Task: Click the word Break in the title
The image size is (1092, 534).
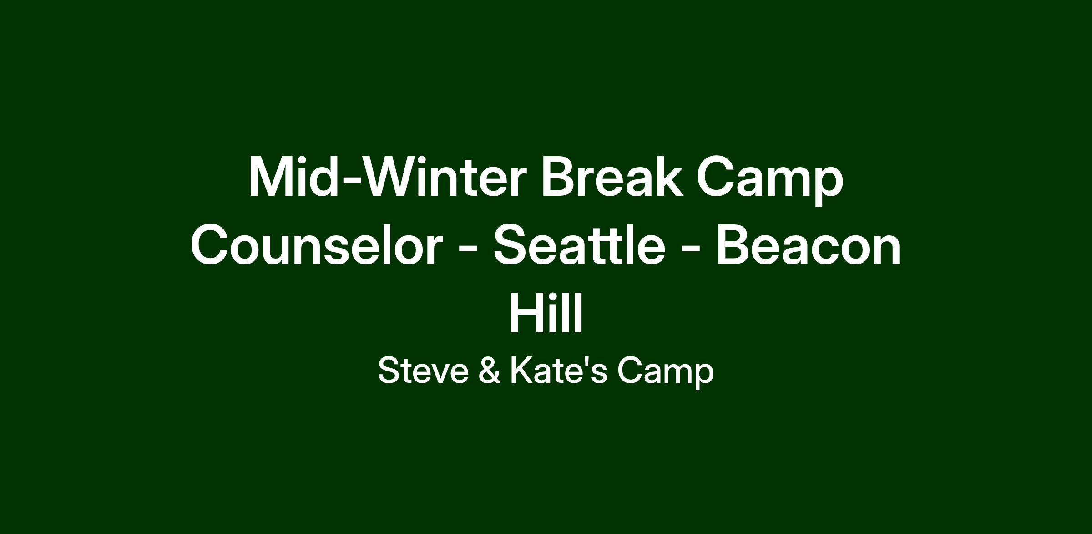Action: [x=612, y=177]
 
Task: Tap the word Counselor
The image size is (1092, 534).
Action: [x=316, y=245]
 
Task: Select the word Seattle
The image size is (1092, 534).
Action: [x=579, y=245]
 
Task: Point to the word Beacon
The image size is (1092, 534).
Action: [x=809, y=245]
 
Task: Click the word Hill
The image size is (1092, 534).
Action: [x=546, y=313]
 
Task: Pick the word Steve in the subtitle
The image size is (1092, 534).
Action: [x=423, y=371]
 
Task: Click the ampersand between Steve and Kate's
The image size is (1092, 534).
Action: [x=489, y=371]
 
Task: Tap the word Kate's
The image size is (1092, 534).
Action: [x=558, y=371]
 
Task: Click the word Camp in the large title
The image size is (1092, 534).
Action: [x=770, y=180]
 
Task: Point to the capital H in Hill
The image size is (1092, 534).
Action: [x=527, y=313]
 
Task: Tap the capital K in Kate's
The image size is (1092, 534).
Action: [x=521, y=371]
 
